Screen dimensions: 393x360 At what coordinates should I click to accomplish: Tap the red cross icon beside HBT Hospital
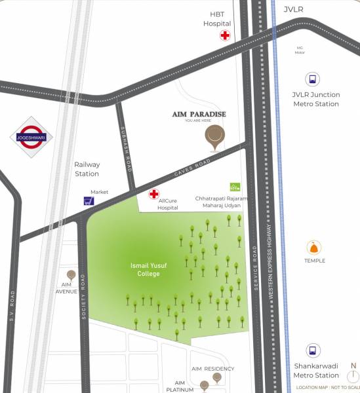[x=225, y=35]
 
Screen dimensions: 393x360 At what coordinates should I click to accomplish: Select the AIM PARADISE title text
[x=199, y=114]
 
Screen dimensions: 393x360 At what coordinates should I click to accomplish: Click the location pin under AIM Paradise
[x=214, y=135]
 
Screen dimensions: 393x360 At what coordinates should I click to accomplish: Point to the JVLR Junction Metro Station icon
[x=313, y=79]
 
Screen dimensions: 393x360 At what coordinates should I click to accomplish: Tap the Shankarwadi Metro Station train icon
[x=313, y=350]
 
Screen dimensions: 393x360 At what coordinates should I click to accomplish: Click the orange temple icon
[x=314, y=248]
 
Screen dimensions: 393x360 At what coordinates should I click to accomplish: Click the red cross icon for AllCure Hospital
[x=154, y=194]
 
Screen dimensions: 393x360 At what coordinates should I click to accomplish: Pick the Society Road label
[x=84, y=296]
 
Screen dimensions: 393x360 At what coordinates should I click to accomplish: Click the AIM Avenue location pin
[x=71, y=275]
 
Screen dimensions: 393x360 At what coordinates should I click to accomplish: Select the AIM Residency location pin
[x=216, y=377]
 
